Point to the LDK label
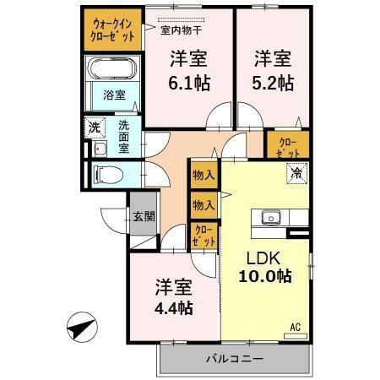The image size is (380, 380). click(262, 258)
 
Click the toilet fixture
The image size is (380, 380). click(108, 174)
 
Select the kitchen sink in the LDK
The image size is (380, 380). click(271, 217)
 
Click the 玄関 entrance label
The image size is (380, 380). click(143, 216)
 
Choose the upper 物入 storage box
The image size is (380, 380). click(204, 176)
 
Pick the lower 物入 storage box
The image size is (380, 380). click(204, 204)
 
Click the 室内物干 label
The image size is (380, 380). click(180, 31)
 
